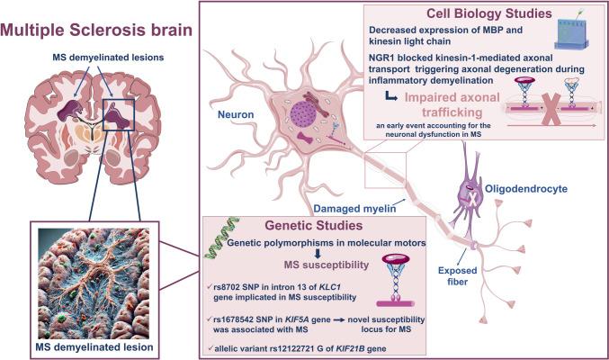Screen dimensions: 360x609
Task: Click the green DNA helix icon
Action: click(209, 242)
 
